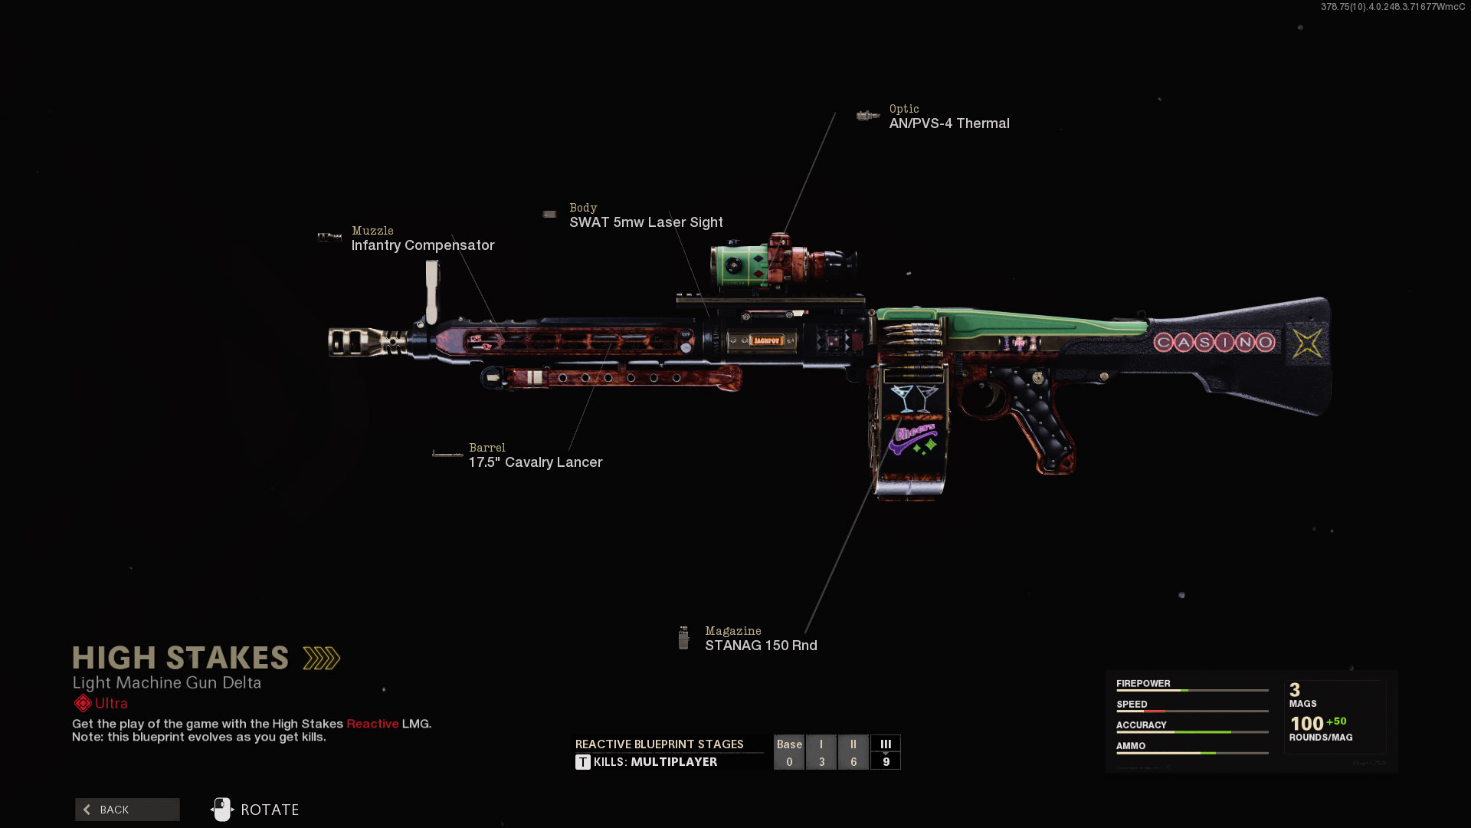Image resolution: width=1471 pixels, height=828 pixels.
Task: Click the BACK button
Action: tap(127, 810)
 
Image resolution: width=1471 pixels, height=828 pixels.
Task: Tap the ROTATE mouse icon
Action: tap(221, 810)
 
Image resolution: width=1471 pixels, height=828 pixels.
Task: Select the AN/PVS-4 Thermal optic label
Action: tap(948, 123)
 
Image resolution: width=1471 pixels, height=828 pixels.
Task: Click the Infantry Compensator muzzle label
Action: tap(422, 245)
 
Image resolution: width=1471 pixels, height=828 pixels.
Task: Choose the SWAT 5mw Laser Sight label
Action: tap(645, 222)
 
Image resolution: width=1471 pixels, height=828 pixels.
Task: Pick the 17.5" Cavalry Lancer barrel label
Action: tap(535, 462)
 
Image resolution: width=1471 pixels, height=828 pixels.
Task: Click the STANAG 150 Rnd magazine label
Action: tap(760, 646)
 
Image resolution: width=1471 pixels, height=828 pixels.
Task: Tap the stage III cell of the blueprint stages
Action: tap(886, 752)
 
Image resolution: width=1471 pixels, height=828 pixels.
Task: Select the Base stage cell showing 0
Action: tap(789, 752)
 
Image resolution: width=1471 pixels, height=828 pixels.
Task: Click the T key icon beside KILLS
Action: tap(583, 762)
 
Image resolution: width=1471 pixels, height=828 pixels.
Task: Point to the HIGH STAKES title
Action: tap(181, 658)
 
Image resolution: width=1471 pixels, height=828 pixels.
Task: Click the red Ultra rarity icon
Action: tap(83, 704)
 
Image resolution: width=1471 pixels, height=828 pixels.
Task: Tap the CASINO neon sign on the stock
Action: tap(1214, 342)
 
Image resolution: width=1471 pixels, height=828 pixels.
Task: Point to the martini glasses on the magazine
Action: tap(915, 397)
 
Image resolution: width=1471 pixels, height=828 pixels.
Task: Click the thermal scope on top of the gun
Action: tap(781, 264)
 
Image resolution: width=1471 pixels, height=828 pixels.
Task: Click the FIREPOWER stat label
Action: tap(1143, 684)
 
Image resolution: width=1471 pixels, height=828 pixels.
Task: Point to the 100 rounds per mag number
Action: tap(1306, 724)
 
